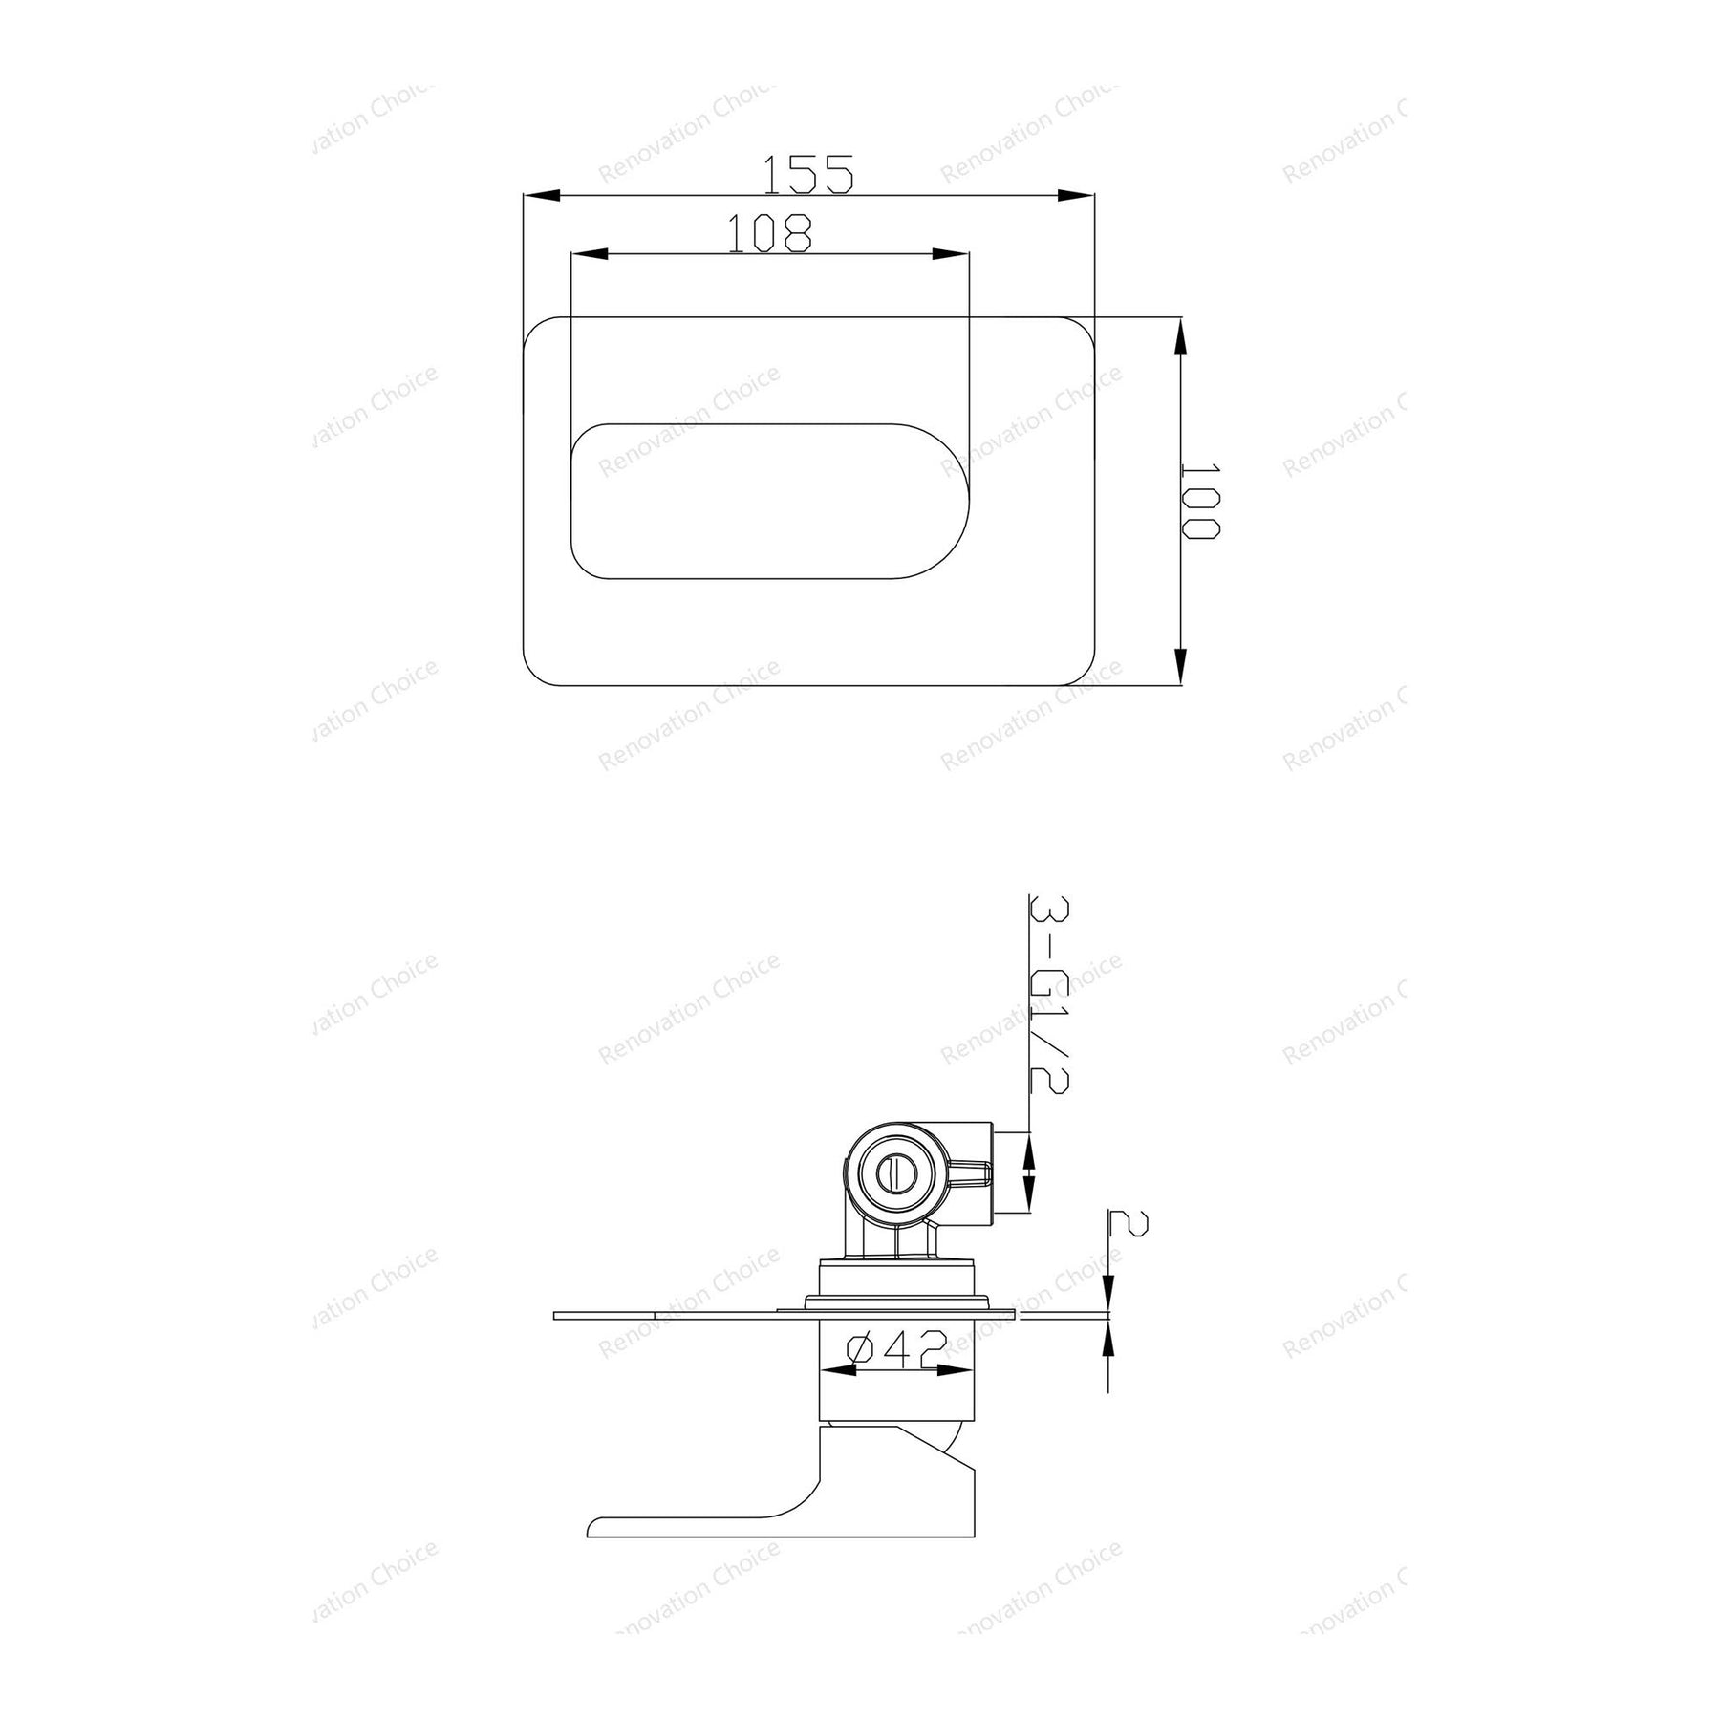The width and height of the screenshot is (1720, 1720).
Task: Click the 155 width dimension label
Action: coord(806,175)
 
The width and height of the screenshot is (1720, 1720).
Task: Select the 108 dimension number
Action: coord(769,233)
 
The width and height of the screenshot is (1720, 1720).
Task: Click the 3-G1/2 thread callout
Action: coord(1048,995)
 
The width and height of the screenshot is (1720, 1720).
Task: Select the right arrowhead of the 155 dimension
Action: coord(1077,196)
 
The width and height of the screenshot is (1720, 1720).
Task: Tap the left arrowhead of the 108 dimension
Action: coord(589,254)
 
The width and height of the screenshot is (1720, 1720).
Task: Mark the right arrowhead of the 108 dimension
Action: coord(951,254)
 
